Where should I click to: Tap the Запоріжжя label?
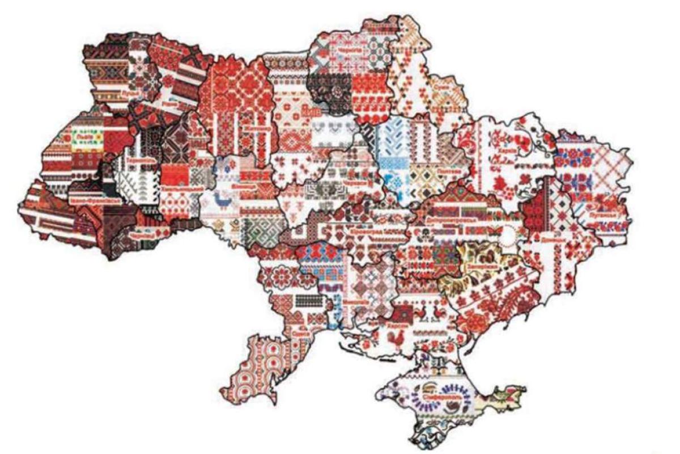point(482,266)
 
